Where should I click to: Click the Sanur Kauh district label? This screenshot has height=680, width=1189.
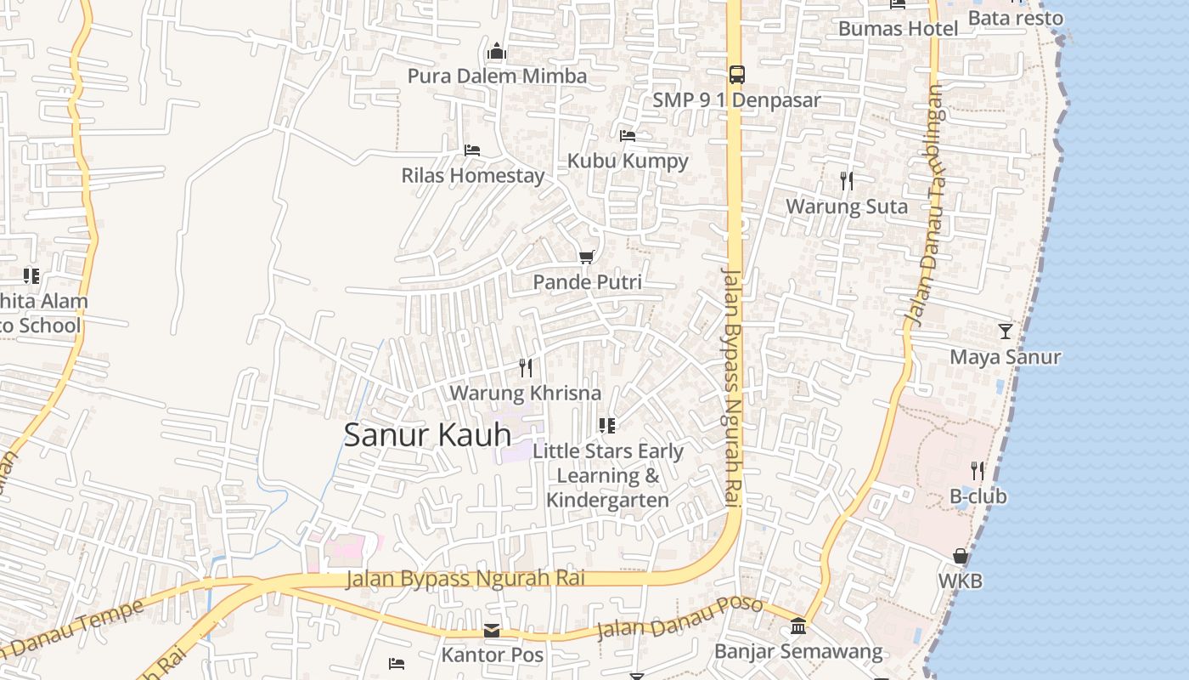pos(427,435)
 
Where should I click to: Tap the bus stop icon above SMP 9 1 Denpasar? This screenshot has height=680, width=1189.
pos(736,75)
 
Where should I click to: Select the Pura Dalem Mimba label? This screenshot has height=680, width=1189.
pos(497,76)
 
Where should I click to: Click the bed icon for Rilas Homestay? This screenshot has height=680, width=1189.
pos(472,150)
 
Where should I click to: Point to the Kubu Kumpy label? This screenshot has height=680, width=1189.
pos(628,161)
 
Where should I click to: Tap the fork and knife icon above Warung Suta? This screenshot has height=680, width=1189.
pos(846,181)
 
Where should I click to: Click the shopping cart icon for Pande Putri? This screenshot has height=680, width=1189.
pos(586,257)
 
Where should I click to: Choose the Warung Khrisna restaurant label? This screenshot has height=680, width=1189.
pos(525,394)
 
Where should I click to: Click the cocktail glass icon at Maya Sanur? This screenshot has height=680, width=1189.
pos(1006,331)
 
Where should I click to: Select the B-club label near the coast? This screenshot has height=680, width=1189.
pos(978,496)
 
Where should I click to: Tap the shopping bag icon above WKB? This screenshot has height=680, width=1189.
pos(961,557)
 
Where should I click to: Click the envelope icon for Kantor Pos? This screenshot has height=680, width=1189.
pos(492,631)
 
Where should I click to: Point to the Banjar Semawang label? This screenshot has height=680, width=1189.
pos(798,652)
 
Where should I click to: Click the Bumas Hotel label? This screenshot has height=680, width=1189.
pos(898,29)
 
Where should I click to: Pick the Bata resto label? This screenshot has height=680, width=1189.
pos(1015,18)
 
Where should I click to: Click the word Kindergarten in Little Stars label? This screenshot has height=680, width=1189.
pos(607,500)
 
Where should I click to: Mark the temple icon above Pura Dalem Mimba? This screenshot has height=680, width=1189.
pos(497,53)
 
